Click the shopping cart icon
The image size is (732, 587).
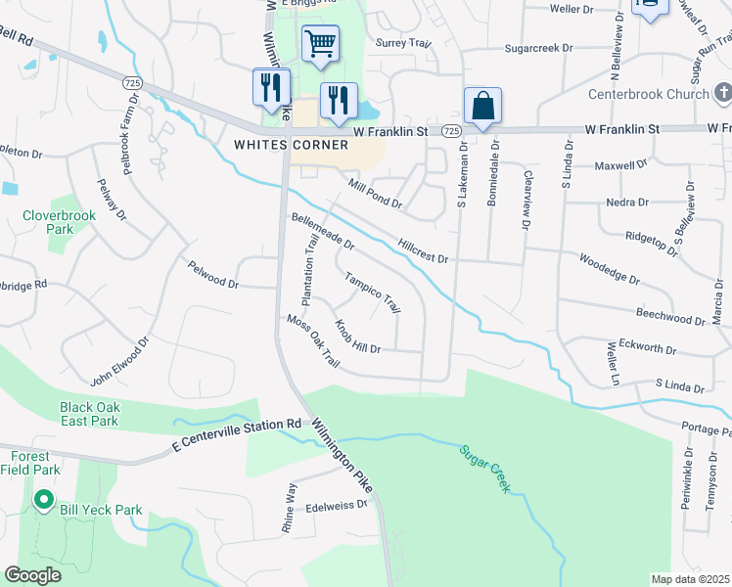[320, 44]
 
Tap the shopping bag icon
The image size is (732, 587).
[483, 107]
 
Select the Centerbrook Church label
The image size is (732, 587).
[648, 95]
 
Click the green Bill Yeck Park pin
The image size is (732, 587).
[43, 501]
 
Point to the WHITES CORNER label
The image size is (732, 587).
[292, 145]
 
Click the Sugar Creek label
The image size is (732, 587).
[484, 469]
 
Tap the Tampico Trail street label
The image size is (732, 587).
[372, 291]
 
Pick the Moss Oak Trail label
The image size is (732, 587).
[312, 341]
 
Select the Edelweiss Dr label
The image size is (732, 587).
[336, 505]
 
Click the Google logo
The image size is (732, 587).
[32, 575]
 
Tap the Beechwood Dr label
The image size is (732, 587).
[670, 317]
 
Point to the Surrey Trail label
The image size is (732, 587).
[403, 43]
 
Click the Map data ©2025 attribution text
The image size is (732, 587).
[690, 579]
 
